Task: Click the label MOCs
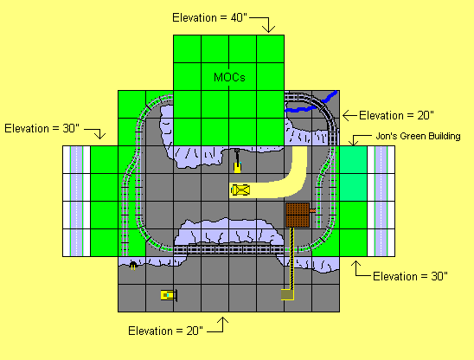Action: tap(229, 77)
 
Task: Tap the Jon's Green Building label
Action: tap(418, 136)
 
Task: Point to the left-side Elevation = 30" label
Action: tap(42, 128)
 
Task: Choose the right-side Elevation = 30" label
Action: tap(409, 276)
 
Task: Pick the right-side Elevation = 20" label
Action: tap(396, 114)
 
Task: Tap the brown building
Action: tap(298, 215)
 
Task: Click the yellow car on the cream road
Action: tap(240, 190)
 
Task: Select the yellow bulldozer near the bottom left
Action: tap(168, 295)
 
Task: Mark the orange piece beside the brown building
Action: tap(313, 211)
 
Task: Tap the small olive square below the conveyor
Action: tap(287, 294)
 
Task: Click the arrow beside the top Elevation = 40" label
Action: tap(269, 24)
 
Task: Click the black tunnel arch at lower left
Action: tap(132, 267)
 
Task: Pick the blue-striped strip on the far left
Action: tap(77, 201)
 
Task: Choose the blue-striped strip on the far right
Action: tap(381, 201)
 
